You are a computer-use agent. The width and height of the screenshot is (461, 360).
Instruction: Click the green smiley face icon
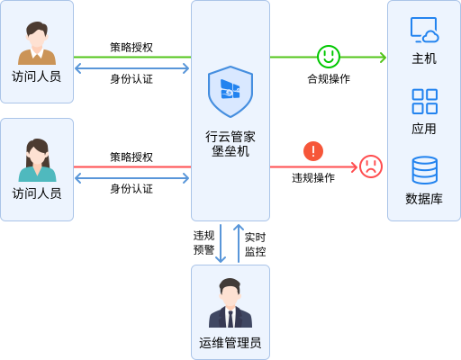[x=329, y=57]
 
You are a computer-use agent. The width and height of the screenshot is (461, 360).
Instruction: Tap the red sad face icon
[x=371, y=166]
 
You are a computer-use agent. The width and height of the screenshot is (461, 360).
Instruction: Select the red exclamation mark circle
[x=313, y=151]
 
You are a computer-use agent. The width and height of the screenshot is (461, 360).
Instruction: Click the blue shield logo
[x=230, y=92]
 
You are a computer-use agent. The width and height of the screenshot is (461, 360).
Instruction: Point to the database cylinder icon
[x=425, y=170]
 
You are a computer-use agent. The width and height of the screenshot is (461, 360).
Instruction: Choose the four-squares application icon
[x=425, y=102]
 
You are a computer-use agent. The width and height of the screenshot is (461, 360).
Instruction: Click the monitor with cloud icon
[x=425, y=30]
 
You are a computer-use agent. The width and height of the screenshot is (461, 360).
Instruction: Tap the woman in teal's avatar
[x=37, y=160]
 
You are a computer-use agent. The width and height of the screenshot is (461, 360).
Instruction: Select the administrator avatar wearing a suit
[x=230, y=302]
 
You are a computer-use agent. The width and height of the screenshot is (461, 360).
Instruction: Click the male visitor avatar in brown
[x=37, y=43]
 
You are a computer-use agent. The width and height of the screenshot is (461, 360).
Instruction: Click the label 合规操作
[x=329, y=79]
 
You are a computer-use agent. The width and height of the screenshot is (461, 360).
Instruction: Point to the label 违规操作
[x=313, y=178]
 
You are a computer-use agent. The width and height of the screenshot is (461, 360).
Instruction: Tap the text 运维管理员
[x=230, y=343]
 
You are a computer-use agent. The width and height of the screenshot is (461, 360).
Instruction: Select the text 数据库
[x=424, y=199]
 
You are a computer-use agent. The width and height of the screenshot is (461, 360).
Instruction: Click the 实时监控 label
[x=255, y=244]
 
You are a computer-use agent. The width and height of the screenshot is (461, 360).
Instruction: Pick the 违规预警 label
[x=203, y=242]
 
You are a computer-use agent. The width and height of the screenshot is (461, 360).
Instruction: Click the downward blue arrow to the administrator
[x=221, y=243]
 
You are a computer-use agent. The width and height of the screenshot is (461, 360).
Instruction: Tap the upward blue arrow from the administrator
[x=239, y=243]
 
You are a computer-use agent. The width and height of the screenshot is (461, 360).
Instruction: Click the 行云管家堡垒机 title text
[x=230, y=144]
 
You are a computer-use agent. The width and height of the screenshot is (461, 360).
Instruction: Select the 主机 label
[x=424, y=58]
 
